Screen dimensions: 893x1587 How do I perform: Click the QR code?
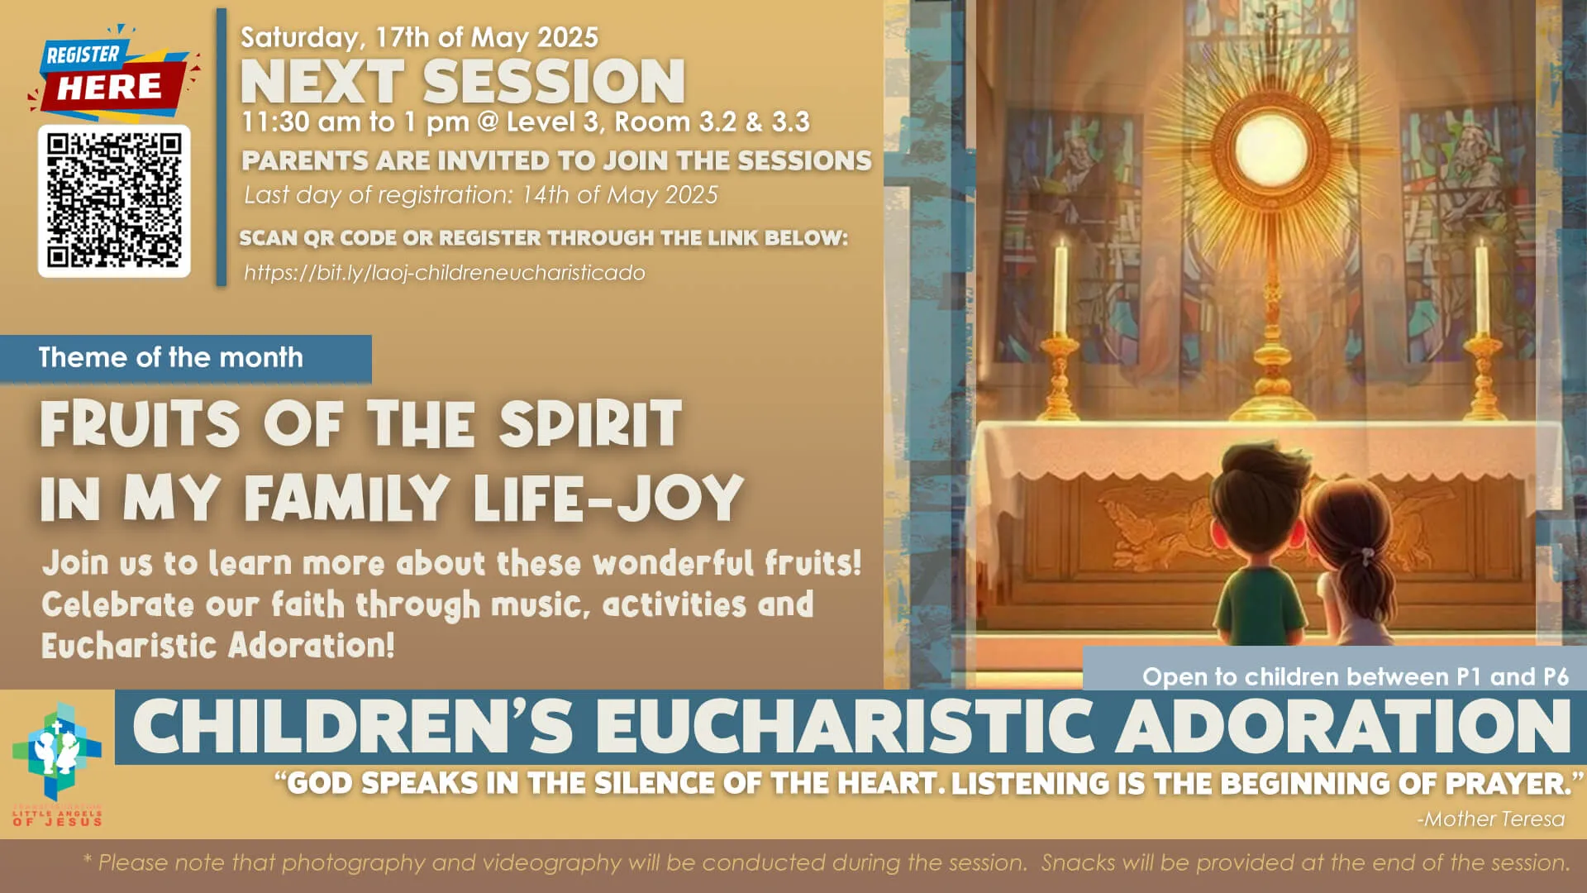click(114, 201)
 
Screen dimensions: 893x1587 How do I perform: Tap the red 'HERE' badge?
click(109, 87)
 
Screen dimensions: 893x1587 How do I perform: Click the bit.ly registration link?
click(444, 273)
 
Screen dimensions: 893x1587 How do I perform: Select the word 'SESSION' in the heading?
click(554, 82)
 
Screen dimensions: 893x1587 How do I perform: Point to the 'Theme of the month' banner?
click(171, 357)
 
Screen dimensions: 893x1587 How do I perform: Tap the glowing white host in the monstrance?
click(1270, 152)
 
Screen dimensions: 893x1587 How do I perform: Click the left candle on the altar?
click(1060, 285)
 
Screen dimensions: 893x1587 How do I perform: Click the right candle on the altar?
click(1481, 285)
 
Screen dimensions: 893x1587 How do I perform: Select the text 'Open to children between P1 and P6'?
click(1355, 676)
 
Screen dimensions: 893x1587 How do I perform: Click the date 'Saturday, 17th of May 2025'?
click(419, 37)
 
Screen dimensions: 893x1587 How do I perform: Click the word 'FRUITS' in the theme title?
click(141, 423)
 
